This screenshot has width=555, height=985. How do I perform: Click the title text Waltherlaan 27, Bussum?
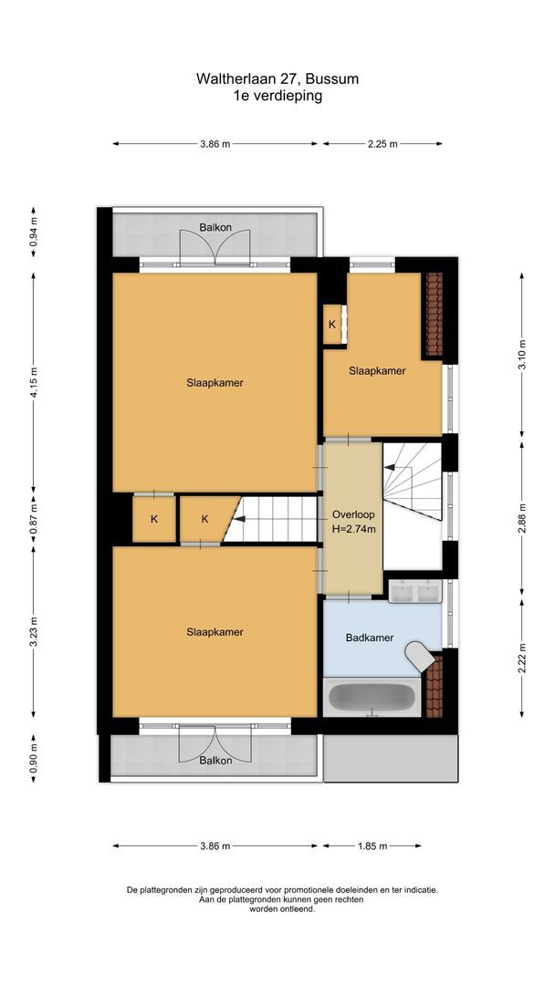[277, 79]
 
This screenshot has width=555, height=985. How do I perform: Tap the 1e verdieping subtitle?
[277, 95]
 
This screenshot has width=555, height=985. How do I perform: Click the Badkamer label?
[370, 638]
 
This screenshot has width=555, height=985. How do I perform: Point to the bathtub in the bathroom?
[371, 698]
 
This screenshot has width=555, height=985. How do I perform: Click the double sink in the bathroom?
[414, 592]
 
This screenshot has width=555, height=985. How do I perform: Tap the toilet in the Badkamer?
[419, 656]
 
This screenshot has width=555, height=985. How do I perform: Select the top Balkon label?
[215, 227]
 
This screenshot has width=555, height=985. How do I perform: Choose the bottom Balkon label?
[215, 759]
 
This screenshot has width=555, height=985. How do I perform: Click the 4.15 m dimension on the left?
[34, 382]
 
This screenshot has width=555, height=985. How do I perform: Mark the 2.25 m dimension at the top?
[382, 143]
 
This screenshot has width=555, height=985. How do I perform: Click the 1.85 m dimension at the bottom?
[372, 845]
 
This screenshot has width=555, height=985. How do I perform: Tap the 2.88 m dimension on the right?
[522, 516]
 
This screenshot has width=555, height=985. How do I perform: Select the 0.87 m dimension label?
[34, 519]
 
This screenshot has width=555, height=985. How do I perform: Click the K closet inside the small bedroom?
[332, 325]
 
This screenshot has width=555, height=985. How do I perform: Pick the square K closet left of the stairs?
[154, 519]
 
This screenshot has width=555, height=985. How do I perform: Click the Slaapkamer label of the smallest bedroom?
[377, 371]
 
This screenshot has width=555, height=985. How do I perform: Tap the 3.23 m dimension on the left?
[34, 631]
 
